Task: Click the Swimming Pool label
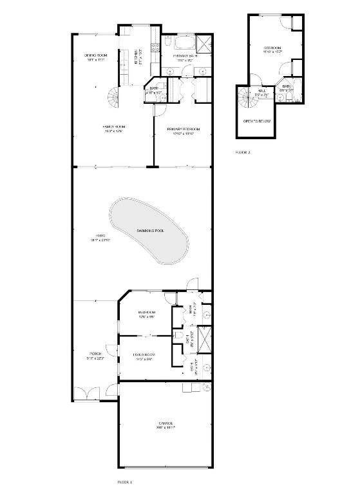pyautogui.click(x=150, y=230)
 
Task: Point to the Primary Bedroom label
pyautogui.click(x=180, y=131)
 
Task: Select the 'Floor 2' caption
pyautogui.click(x=242, y=152)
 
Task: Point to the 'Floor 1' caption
pyautogui.click(x=124, y=481)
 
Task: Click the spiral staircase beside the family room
pyautogui.click(x=115, y=98)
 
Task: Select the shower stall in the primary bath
pyautogui.click(x=204, y=44)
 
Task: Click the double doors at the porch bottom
pyautogui.click(x=83, y=393)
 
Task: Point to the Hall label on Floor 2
pyautogui.click(x=262, y=92)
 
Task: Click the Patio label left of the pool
pyautogui.click(x=101, y=238)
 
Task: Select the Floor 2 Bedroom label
pyautogui.click(x=272, y=50)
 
